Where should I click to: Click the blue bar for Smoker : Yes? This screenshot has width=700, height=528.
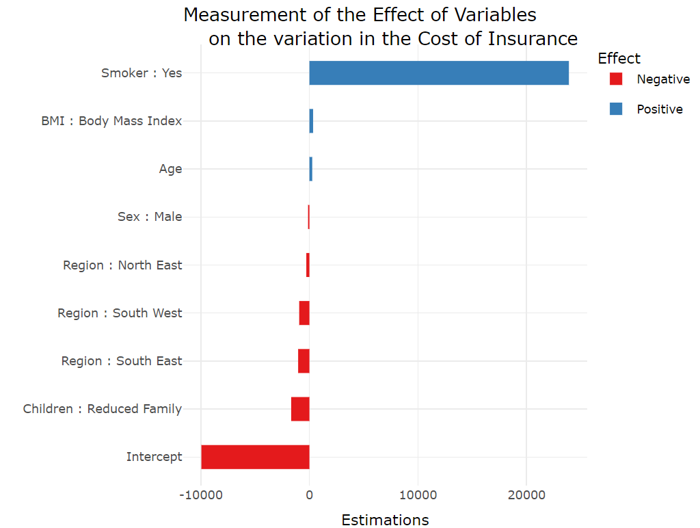[439, 73]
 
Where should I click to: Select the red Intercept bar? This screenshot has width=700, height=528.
[255, 457]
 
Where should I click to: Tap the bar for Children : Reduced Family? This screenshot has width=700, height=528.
[300, 409]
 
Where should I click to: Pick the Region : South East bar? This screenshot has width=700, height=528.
[304, 361]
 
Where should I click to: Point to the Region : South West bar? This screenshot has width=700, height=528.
[304, 313]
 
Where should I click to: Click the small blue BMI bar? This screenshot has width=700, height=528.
[311, 121]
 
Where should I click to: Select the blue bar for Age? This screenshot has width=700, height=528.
[311, 169]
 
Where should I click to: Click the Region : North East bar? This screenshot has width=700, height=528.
[308, 265]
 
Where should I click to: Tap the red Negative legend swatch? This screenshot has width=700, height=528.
[616, 79]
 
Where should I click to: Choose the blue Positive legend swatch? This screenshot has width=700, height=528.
[616, 109]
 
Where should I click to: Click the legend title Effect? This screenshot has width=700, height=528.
[619, 59]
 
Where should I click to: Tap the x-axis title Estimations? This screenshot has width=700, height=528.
[385, 520]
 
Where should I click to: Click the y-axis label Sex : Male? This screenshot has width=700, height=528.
[150, 217]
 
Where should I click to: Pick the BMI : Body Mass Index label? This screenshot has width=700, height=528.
[111, 121]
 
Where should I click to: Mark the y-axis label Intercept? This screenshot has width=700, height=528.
[154, 457]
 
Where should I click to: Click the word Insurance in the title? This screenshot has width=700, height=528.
[533, 39]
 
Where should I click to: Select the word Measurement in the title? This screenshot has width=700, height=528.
[254, 15]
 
